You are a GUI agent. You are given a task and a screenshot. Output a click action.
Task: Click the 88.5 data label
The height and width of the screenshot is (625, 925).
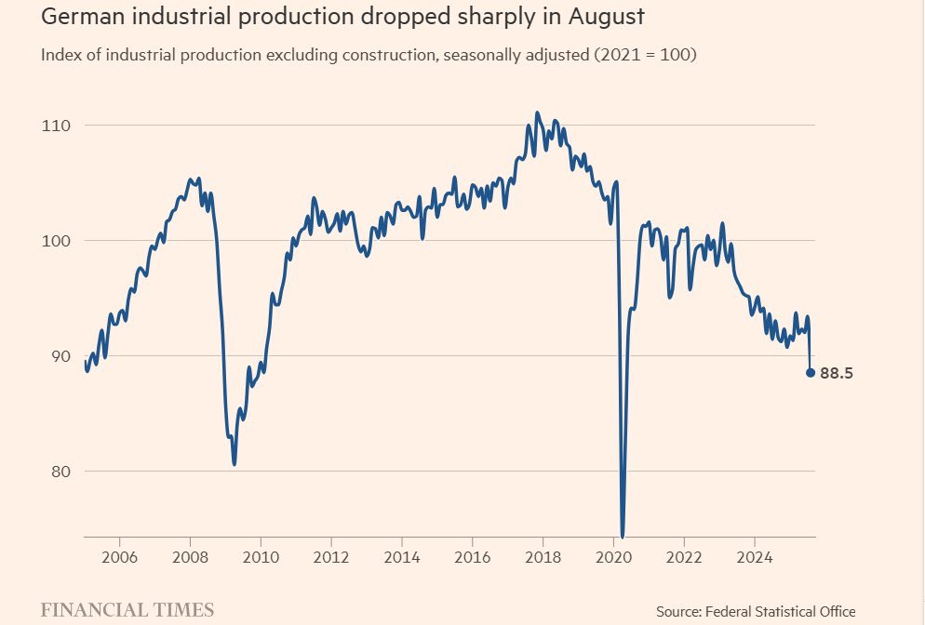[836, 373]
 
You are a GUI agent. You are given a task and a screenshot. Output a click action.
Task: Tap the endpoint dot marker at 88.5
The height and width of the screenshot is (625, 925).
[811, 373]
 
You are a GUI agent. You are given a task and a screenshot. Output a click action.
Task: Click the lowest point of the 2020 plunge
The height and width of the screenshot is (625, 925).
[622, 536]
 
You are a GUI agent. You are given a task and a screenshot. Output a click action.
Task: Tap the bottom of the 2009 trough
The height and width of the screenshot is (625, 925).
[235, 464]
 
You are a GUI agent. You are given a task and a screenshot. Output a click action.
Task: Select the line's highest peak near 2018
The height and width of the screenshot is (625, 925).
[537, 113]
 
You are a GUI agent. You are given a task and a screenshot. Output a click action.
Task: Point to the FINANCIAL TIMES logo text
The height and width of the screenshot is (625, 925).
[127, 610]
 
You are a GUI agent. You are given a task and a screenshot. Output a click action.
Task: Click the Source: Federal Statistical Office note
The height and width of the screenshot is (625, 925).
[755, 611]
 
